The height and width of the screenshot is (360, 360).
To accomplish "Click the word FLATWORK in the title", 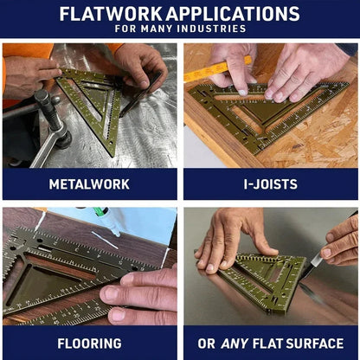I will [111, 14].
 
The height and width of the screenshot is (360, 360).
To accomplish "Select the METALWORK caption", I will [90, 183].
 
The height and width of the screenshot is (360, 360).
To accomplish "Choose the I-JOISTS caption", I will [270, 183].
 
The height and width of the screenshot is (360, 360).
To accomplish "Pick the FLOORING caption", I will [90, 343].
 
